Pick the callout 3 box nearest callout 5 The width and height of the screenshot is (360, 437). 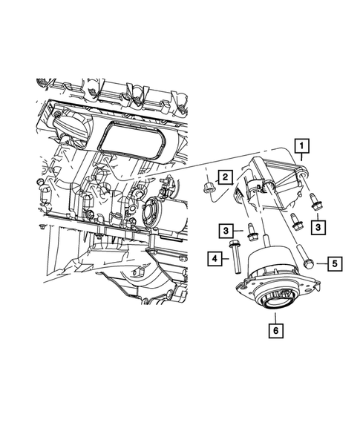click(x=318, y=225)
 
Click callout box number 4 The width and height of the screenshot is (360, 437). click(x=215, y=259)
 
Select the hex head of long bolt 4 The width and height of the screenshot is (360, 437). click(x=235, y=245)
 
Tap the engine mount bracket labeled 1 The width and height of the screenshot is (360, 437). click(x=275, y=178)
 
